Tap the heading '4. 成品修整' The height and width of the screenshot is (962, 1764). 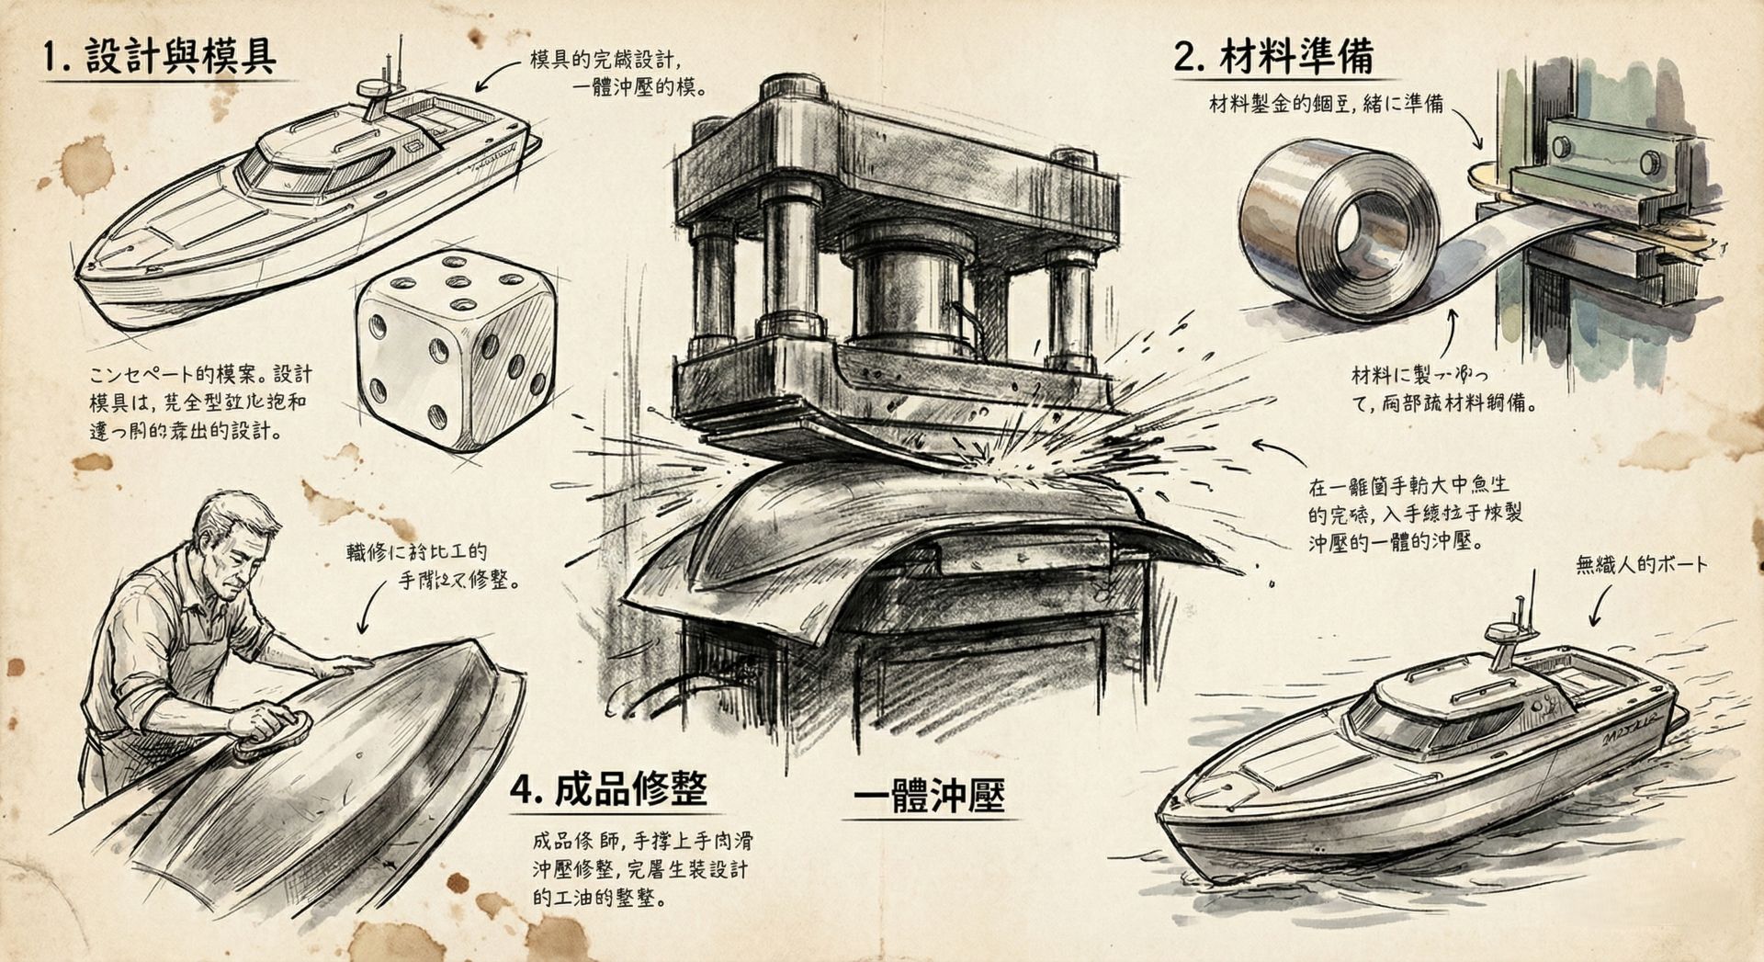coord(609,787)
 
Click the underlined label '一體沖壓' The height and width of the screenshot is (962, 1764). coord(929,796)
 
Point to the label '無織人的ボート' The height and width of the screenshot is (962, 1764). coord(1641,564)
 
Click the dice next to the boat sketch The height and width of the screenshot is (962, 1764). coord(456,349)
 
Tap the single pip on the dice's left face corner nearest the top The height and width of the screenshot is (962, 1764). coord(377,324)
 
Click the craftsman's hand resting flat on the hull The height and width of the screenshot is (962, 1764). coord(346,663)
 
